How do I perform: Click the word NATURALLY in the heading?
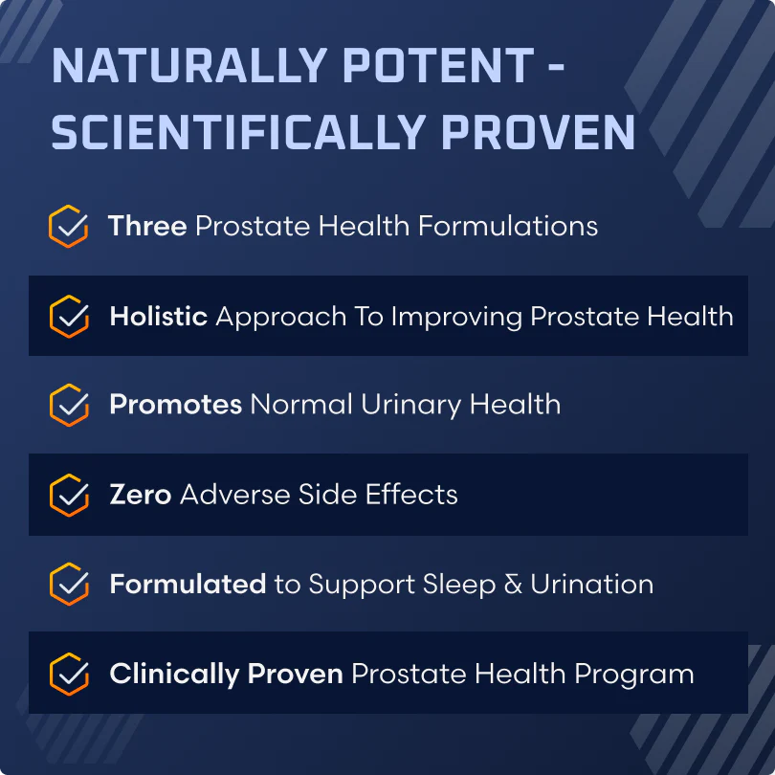pyautogui.click(x=189, y=65)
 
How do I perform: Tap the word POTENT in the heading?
pyautogui.click(x=438, y=65)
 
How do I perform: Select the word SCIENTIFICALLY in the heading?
pyautogui.click(x=239, y=132)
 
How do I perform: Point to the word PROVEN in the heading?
pyautogui.click(x=539, y=132)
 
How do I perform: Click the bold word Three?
pyautogui.click(x=147, y=226)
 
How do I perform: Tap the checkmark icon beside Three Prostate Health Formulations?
pyautogui.click(x=69, y=227)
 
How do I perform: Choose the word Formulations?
pyautogui.click(x=508, y=226)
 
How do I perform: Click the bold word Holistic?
pyautogui.click(x=159, y=316)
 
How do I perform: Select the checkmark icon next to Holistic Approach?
pyautogui.click(x=69, y=317)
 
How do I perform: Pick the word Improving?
pyautogui.click(x=456, y=318)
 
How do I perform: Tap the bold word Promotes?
pyautogui.click(x=176, y=405)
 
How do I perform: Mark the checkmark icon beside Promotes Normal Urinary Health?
pyautogui.click(x=69, y=405)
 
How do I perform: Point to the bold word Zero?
pyautogui.click(x=141, y=495)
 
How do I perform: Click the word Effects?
pyautogui.click(x=411, y=494)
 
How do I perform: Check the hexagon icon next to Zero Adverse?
pyautogui.click(x=69, y=495)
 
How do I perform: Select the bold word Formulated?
pyautogui.click(x=188, y=584)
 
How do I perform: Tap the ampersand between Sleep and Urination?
pyautogui.click(x=513, y=584)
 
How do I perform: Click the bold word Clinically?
pyautogui.click(x=174, y=675)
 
